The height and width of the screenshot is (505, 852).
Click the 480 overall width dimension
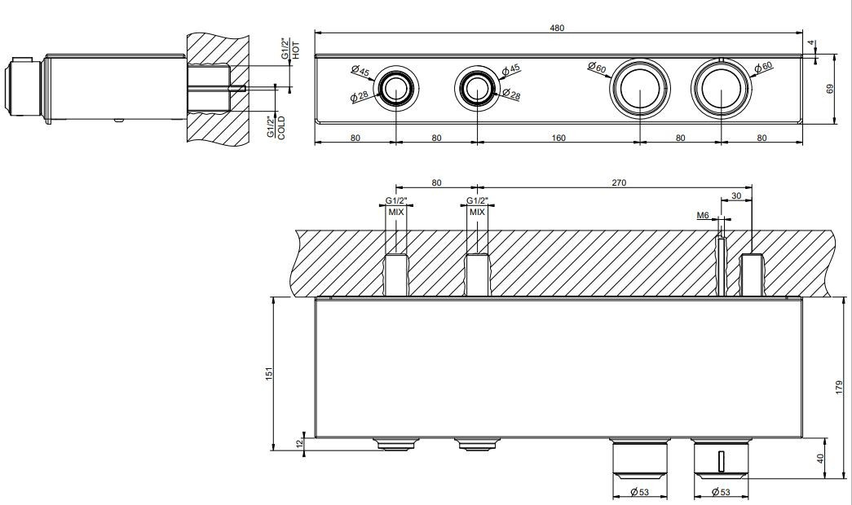[x=557, y=28]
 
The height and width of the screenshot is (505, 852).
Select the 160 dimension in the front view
[x=558, y=138]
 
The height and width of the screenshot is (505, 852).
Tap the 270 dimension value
[x=619, y=182]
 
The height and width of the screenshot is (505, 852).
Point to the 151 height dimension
[x=269, y=374]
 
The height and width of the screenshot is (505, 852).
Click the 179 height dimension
[x=839, y=387]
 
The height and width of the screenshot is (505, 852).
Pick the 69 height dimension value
[x=830, y=89]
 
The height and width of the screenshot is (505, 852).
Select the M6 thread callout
[x=703, y=216]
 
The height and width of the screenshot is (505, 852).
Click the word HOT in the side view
[x=296, y=50]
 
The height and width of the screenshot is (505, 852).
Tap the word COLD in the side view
[x=281, y=128]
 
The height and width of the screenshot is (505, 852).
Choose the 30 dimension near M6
[x=737, y=196]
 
